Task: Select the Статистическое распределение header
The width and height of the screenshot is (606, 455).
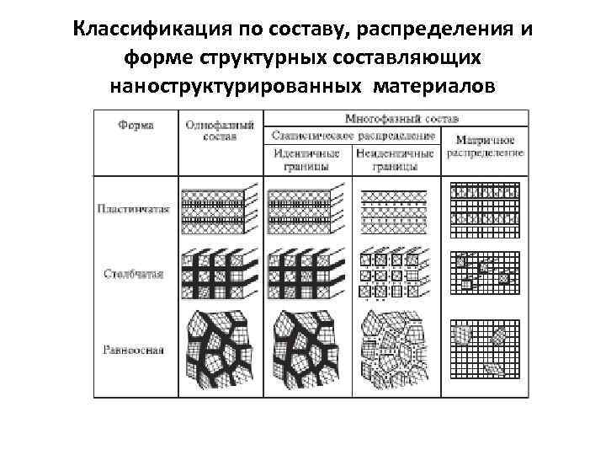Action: [x=353, y=135]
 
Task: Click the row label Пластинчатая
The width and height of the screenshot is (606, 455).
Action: [x=136, y=209]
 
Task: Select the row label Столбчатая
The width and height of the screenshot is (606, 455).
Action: [x=136, y=274]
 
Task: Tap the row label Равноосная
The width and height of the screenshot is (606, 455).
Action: [x=136, y=347]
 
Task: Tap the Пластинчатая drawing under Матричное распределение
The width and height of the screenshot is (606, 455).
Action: [x=486, y=207]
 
